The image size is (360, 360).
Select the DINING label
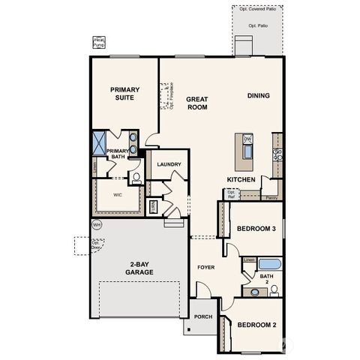(x=259, y=95)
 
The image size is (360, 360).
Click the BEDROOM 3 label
(x=257, y=229)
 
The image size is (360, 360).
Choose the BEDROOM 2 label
(x=257, y=325)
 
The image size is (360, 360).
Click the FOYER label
(x=206, y=266)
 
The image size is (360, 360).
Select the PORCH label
(x=202, y=316)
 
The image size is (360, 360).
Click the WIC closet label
(x=118, y=194)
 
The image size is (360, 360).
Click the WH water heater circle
(x=96, y=224)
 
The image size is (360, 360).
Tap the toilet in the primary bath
(x=137, y=177)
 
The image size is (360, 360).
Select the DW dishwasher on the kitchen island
(x=247, y=139)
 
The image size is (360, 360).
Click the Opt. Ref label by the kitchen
(x=231, y=194)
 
